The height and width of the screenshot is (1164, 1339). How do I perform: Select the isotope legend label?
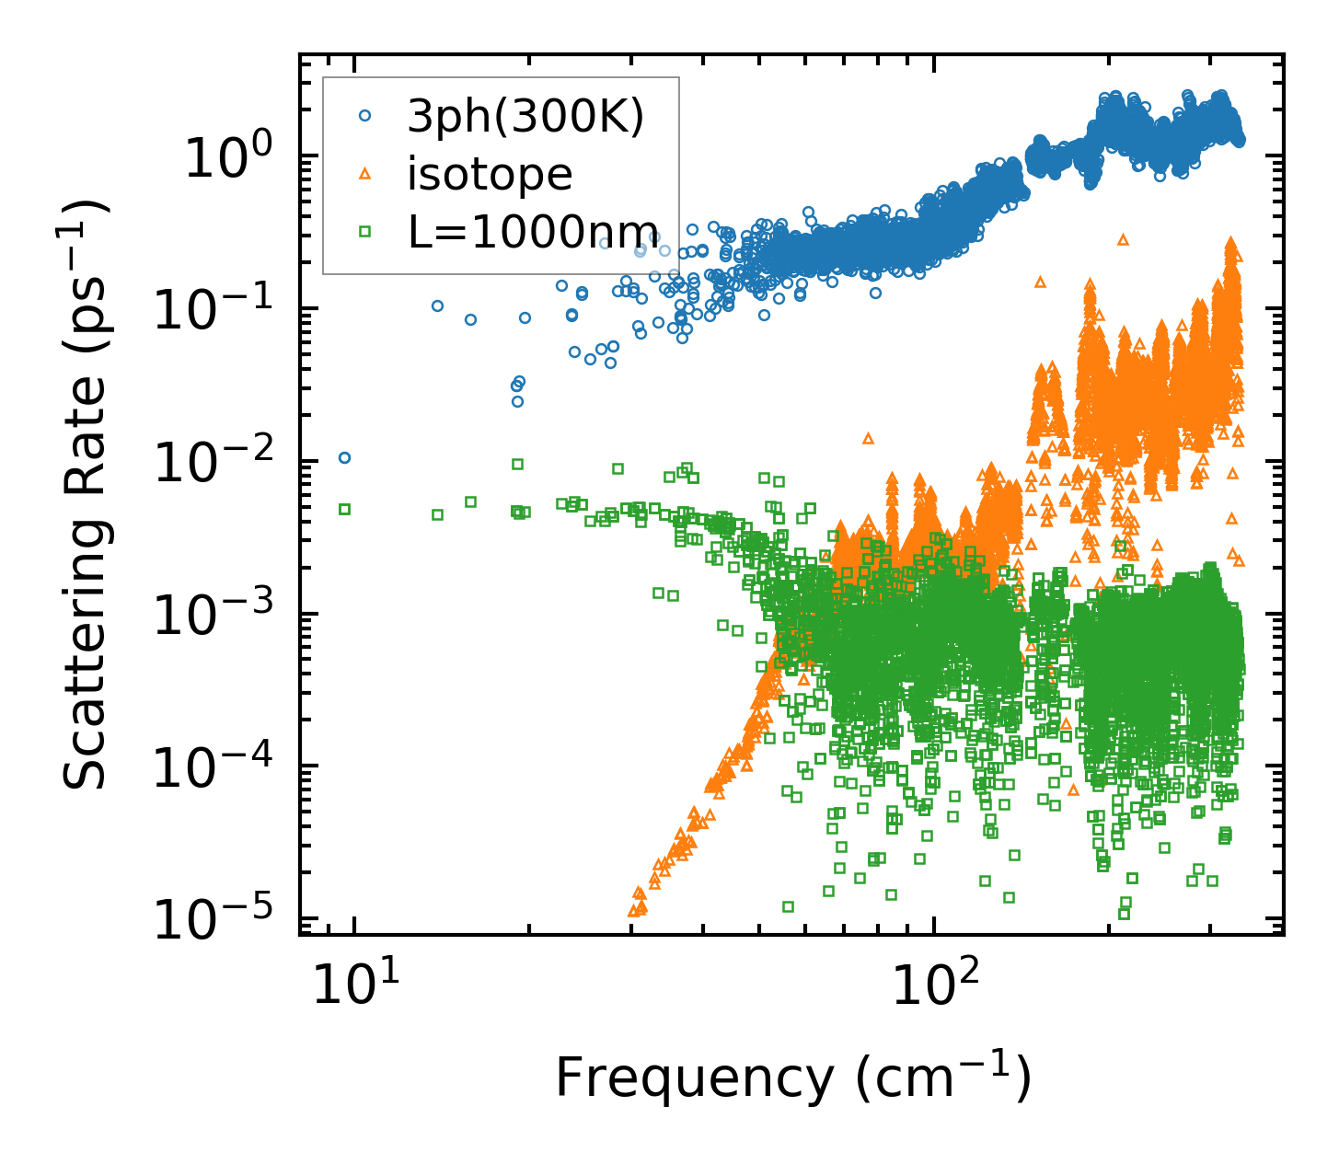point(490,175)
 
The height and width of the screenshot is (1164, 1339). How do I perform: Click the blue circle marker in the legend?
point(365,116)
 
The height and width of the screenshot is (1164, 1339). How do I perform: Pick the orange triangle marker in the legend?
point(365,174)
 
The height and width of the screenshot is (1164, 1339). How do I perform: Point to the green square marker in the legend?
point(365,232)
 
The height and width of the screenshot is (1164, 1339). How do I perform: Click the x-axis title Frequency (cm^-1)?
point(792,1078)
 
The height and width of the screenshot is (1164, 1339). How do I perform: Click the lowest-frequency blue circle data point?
point(344,457)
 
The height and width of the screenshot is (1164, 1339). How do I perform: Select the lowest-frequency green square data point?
point(344,509)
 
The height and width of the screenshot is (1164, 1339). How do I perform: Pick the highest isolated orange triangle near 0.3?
point(1123,239)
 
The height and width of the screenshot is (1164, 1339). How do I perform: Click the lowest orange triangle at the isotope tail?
point(633,911)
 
